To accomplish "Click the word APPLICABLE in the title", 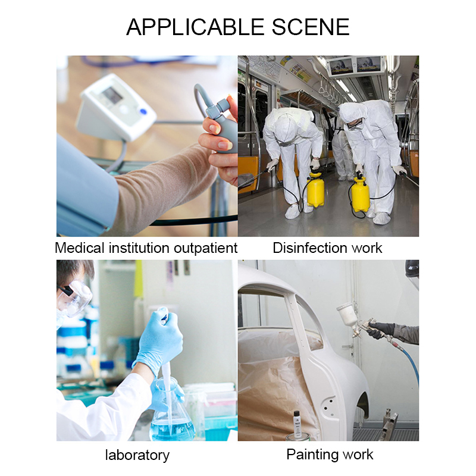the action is click(x=195, y=27).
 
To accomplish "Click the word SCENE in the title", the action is click(x=311, y=27).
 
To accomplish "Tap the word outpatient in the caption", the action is click(x=205, y=248).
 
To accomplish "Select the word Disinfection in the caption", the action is click(x=309, y=248).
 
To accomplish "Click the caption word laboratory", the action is click(x=137, y=455).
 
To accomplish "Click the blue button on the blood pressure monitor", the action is click(x=143, y=111).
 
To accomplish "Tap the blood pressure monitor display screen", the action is click(x=112, y=96).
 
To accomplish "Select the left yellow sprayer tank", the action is click(x=315, y=190).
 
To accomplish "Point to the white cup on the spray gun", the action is click(x=346, y=316).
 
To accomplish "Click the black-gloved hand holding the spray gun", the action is click(x=380, y=330).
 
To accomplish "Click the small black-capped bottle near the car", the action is click(x=297, y=423).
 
